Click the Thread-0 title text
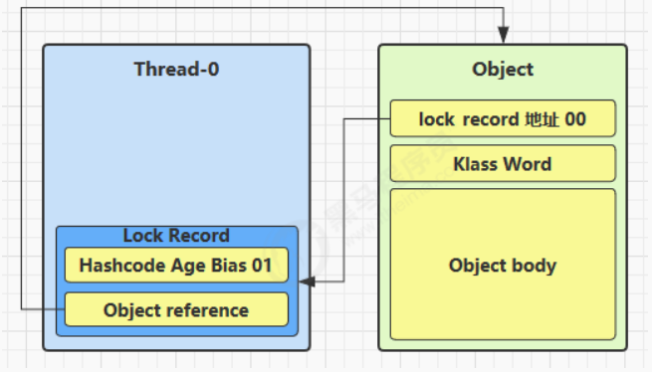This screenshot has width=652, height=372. click(176, 69)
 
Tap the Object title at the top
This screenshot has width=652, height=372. click(503, 70)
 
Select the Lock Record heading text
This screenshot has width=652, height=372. click(176, 236)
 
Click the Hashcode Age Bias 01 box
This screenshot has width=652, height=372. click(176, 265)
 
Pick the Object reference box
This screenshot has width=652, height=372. click(176, 309)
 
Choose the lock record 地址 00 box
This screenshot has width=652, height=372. click(503, 118)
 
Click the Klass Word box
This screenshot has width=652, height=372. click(503, 163)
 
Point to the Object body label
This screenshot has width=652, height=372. click(503, 266)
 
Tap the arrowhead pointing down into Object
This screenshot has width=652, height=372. click(503, 34)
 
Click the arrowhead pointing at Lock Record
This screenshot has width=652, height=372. click(307, 281)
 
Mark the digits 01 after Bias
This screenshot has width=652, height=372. click(262, 266)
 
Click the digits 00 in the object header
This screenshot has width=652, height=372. click(575, 119)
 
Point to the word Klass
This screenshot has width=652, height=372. click(476, 164)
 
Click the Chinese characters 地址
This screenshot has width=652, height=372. click(542, 119)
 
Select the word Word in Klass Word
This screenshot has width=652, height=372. click(528, 164)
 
